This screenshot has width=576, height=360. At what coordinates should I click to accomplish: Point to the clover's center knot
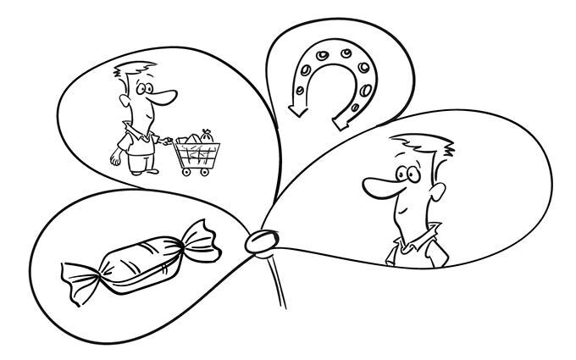point(259,241)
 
